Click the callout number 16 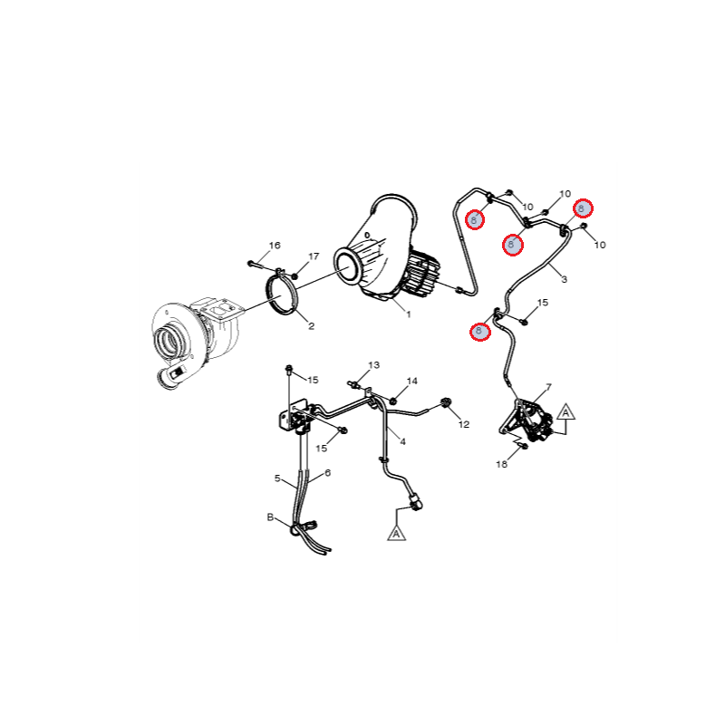tap(275, 246)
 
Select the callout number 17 tap(314, 256)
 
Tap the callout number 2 tap(311, 326)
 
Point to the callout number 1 tap(409, 314)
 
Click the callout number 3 tap(564, 279)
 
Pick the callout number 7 tap(548, 387)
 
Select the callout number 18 tap(502, 464)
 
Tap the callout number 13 tap(374, 365)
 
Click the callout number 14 tap(412, 381)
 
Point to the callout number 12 tap(464, 424)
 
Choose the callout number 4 tap(402, 442)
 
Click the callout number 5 tap(277, 478)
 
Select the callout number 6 tap(328, 473)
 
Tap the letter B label tap(270, 517)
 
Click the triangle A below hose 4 tap(396, 533)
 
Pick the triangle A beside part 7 tap(565, 411)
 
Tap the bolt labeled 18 tap(524, 446)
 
